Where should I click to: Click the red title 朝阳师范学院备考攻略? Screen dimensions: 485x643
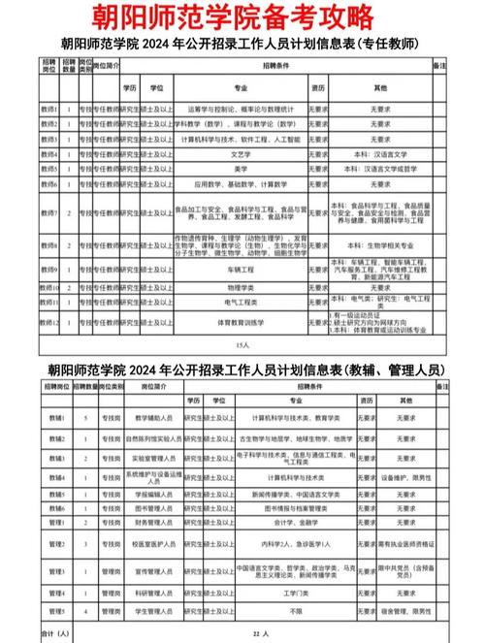pyautogui.click(x=242, y=17)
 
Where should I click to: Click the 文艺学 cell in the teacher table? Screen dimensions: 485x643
pyautogui.click(x=240, y=152)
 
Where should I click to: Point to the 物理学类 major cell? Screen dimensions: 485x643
pyautogui.click(x=240, y=288)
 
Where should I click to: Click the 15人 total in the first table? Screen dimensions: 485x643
pyautogui.click(x=242, y=344)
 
